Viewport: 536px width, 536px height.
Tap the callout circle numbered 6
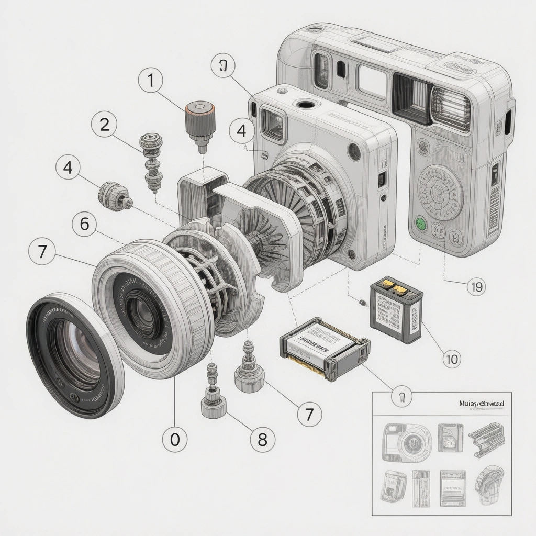tap(85, 225)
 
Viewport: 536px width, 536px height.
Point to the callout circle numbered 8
tap(262, 439)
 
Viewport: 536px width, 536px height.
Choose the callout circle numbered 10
tap(451, 359)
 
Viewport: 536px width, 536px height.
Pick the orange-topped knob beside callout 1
tap(199, 120)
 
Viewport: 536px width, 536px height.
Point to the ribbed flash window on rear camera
tap(450, 109)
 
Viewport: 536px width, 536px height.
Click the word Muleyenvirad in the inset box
tap(481, 404)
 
